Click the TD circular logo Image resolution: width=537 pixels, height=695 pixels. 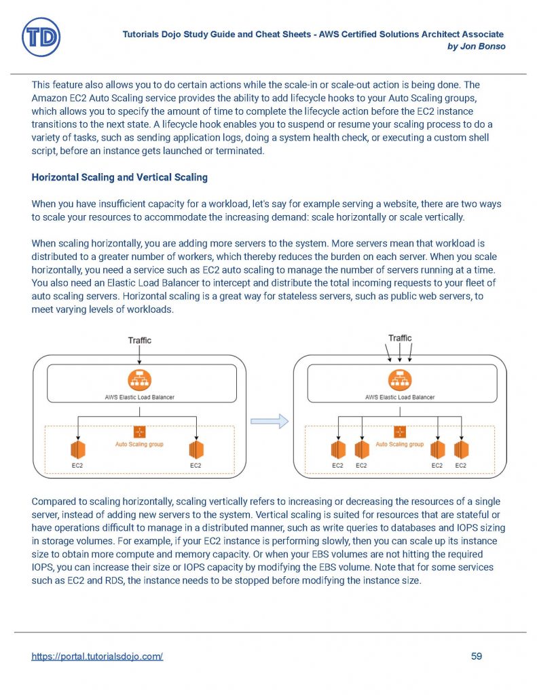click(x=41, y=37)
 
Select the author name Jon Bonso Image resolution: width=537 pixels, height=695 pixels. click(x=483, y=46)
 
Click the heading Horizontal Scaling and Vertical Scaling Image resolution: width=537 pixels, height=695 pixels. click(x=119, y=178)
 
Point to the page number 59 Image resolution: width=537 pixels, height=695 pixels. click(x=476, y=656)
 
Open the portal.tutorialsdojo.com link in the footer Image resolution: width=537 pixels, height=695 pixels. click(x=97, y=656)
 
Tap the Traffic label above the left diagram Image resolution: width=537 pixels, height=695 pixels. click(x=140, y=340)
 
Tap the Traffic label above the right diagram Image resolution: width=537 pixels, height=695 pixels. click(x=400, y=338)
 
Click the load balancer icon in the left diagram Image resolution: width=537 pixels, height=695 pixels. click(x=139, y=380)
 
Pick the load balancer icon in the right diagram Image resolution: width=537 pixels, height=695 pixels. click(x=400, y=380)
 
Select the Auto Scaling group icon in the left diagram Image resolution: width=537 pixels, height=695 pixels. click(x=139, y=432)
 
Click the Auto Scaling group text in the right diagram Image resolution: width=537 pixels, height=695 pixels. click(x=400, y=445)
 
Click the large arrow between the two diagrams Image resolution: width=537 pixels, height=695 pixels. click(x=270, y=421)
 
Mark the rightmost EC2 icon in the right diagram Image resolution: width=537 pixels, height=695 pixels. click(x=461, y=449)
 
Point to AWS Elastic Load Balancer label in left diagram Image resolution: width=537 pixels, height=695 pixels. click(x=139, y=397)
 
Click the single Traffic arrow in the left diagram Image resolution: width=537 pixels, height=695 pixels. click(x=139, y=355)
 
